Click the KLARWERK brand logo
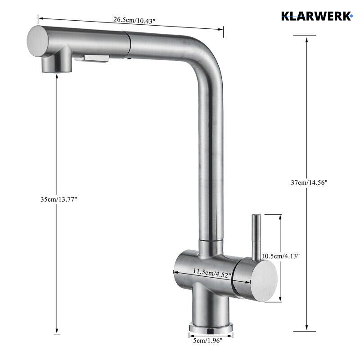point(316,16)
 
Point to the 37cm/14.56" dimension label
point(309,182)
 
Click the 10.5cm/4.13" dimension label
point(281,256)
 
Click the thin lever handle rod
point(256,236)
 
